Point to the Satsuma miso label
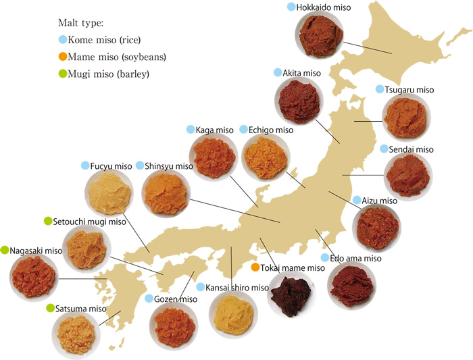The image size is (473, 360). coord(81,309)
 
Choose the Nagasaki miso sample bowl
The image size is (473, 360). coord(34,275)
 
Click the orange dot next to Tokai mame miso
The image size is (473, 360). coord(255,267)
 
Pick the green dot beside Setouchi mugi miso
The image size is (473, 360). coord(48,221)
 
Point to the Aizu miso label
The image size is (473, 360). coord(379,201)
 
